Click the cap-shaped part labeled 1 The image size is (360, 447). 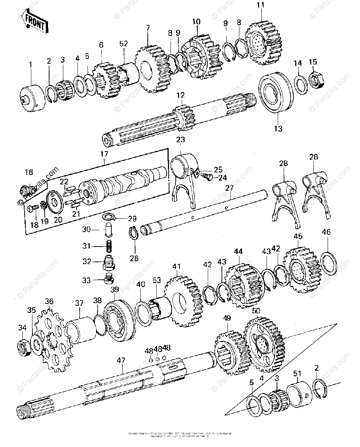32,96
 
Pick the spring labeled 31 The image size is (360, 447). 108,247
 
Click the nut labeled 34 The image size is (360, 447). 24,347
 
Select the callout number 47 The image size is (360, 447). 121,360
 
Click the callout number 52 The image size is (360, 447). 124,44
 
